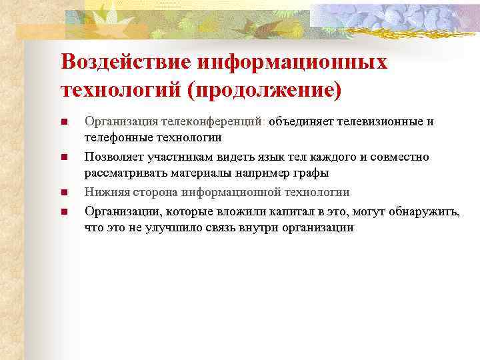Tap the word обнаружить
point(427,212)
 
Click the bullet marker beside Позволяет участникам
point(65,158)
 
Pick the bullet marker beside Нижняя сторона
point(65,193)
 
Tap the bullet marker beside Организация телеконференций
point(65,122)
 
